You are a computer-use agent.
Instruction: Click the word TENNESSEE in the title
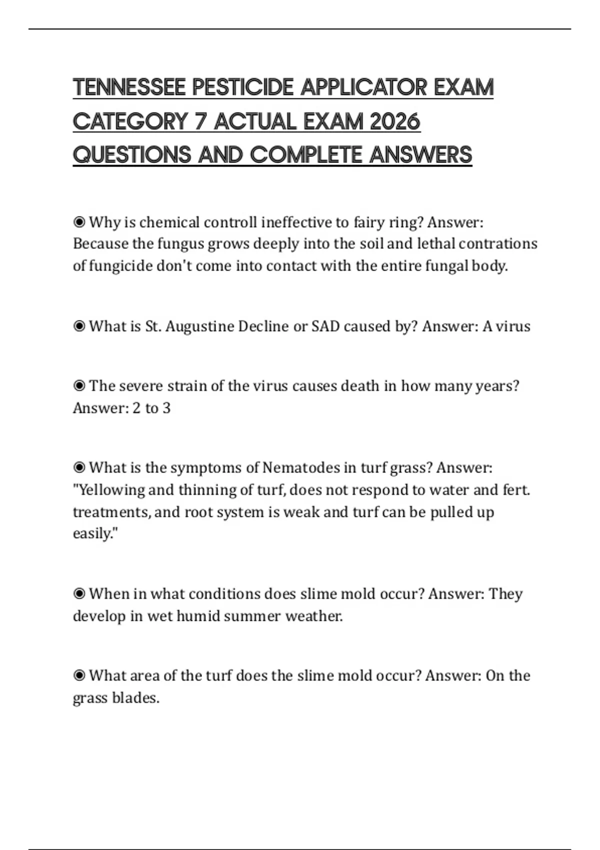point(129,87)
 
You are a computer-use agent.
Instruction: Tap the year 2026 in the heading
point(395,121)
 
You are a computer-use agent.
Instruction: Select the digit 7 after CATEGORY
point(200,121)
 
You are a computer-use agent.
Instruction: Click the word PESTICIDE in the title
point(243,87)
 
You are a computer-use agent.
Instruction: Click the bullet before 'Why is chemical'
point(79,221)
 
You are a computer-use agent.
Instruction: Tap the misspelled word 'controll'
point(230,222)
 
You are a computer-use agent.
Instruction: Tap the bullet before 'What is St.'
point(79,326)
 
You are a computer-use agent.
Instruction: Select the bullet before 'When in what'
point(79,593)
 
